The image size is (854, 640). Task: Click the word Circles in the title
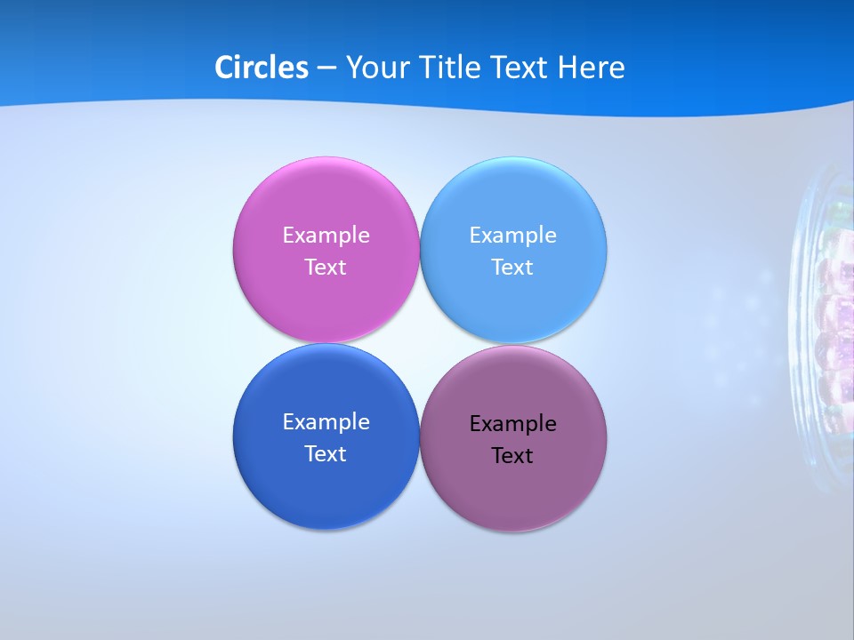261,68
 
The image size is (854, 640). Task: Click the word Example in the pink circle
326,236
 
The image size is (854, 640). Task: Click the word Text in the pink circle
326,268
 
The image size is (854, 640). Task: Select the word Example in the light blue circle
512,236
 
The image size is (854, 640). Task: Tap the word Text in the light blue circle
512,268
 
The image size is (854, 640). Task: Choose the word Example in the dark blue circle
326,422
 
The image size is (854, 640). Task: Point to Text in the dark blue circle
326,454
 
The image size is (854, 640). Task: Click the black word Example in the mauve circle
512,424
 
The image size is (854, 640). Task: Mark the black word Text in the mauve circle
512,456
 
